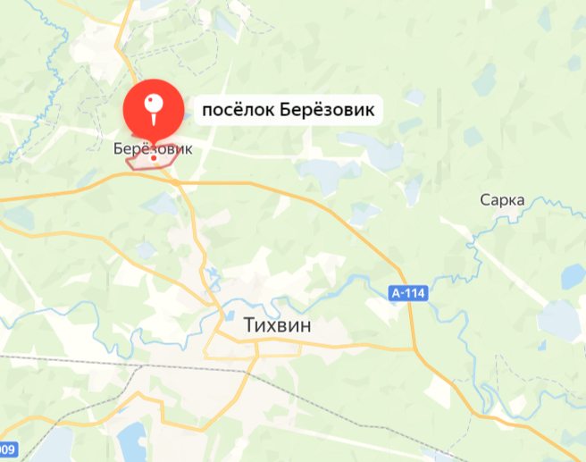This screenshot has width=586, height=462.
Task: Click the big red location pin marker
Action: tap(152, 112)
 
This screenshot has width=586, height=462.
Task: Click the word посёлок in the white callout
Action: tap(234, 111)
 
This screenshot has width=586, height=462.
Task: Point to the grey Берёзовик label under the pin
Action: tap(153, 149)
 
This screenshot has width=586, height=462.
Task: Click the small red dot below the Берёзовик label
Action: tap(154, 158)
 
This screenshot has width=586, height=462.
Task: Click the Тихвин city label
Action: tap(278, 327)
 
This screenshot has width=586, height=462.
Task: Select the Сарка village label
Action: tap(501, 200)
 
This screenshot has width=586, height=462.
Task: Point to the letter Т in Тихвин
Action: tap(249, 327)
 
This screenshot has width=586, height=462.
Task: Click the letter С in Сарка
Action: tap(484, 200)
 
